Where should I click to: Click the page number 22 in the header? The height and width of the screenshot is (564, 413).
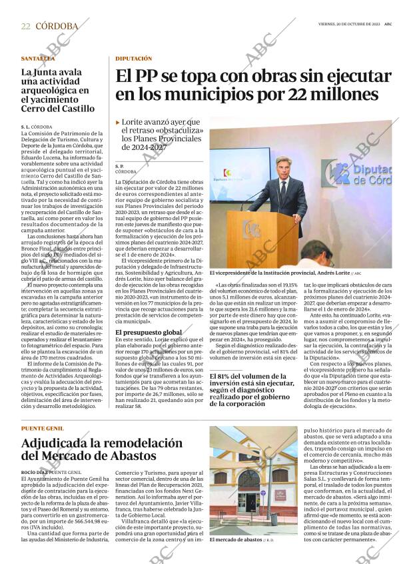25,26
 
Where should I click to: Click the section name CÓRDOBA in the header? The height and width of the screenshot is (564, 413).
57,26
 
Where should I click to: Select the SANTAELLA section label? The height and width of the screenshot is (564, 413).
37,59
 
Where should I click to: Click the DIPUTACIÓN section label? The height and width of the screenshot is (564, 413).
133,59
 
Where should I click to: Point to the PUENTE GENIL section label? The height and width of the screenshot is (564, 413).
43,428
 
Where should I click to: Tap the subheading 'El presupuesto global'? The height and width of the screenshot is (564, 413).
149,331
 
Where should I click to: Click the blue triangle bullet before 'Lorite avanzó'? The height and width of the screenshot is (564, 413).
118,123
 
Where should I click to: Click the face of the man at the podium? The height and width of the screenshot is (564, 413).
283,169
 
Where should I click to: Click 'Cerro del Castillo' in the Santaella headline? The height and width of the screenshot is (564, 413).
58,108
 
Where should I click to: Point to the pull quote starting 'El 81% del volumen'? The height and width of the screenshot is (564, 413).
252,390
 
